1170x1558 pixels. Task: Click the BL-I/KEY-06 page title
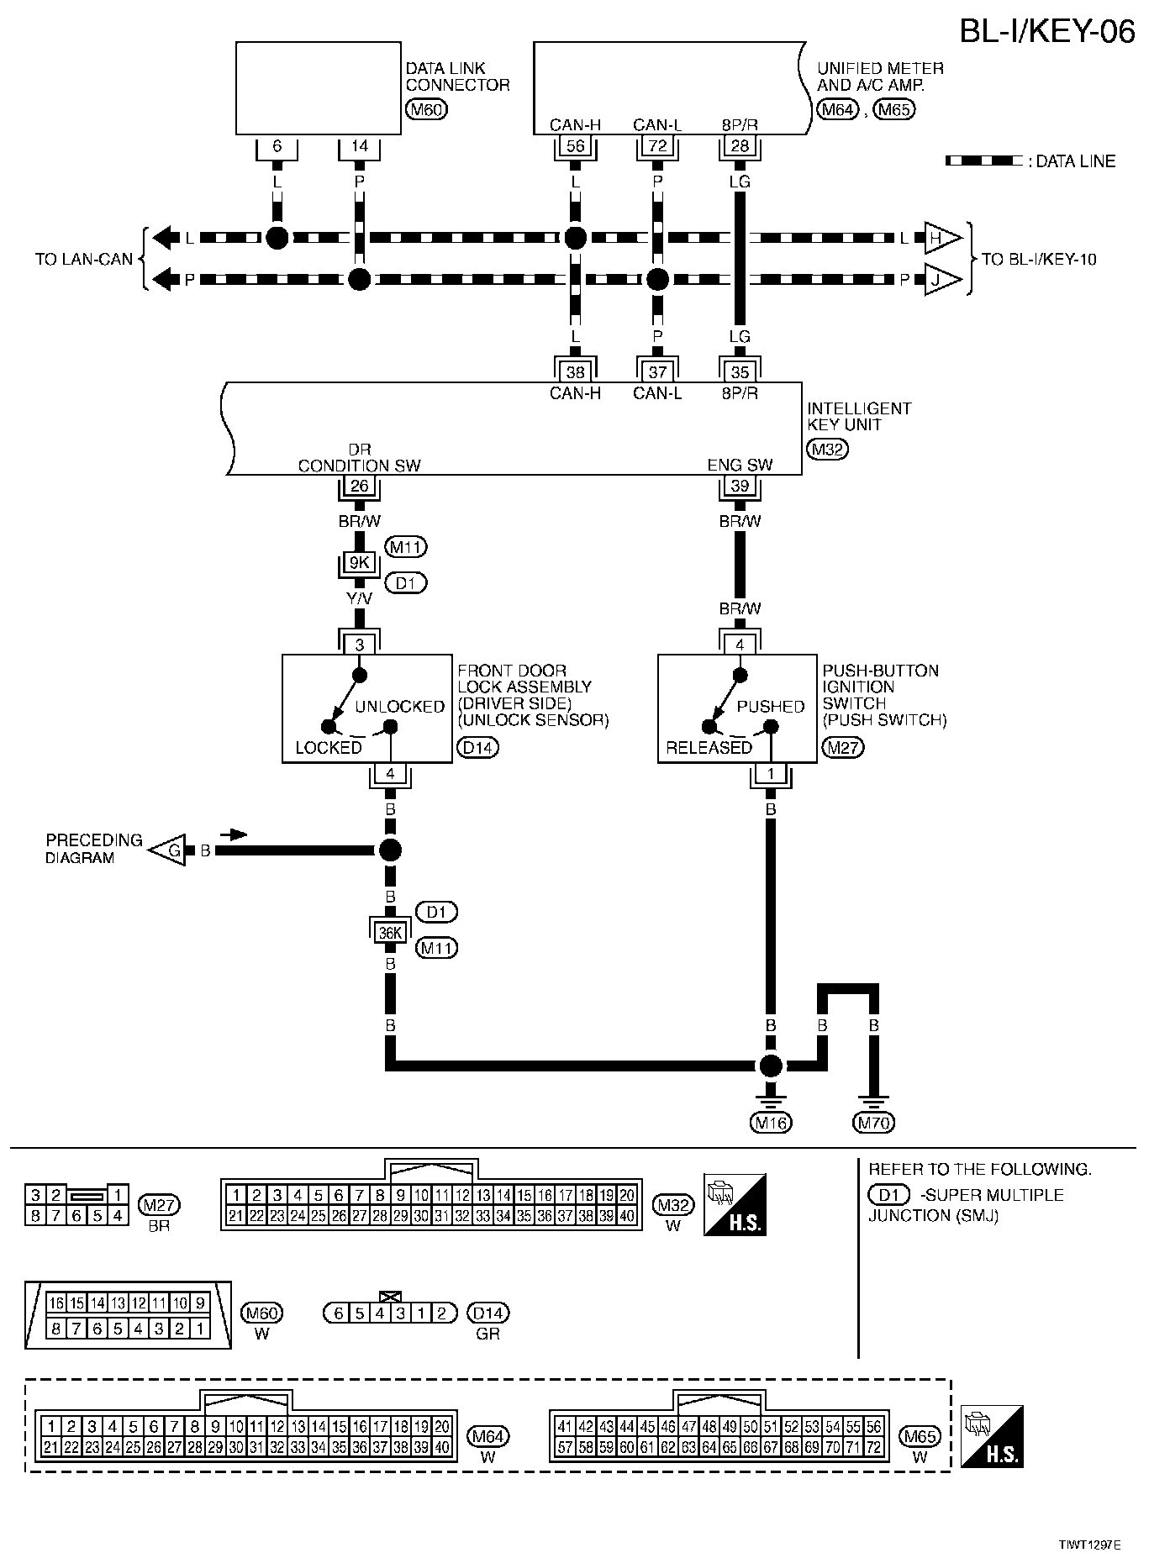(x=1047, y=32)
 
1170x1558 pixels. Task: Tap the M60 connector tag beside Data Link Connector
(x=426, y=108)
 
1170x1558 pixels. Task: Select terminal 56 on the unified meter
(x=575, y=146)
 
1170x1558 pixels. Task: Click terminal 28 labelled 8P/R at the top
(x=740, y=146)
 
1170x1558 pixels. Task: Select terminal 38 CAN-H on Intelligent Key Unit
(x=575, y=371)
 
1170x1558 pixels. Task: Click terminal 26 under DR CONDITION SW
(x=360, y=486)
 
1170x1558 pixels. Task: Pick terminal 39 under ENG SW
(x=740, y=486)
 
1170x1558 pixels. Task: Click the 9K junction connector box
(x=360, y=563)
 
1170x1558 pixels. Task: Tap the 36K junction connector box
(x=390, y=932)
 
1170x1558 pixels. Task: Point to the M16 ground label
(x=771, y=1122)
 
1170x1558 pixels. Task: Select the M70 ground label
(x=874, y=1122)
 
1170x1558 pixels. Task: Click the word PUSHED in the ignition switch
(x=770, y=707)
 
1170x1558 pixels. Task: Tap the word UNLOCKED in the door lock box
(x=399, y=707)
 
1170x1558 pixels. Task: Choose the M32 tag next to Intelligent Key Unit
(x=828, y=449)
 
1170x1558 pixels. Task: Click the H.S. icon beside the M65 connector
(x=992, y=1436)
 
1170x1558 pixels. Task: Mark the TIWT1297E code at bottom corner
(x=1089, y=1545)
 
